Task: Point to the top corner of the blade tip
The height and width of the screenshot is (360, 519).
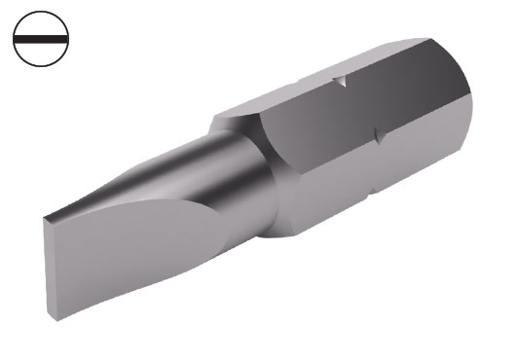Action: pyautogui.click(x=44, y=217)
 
